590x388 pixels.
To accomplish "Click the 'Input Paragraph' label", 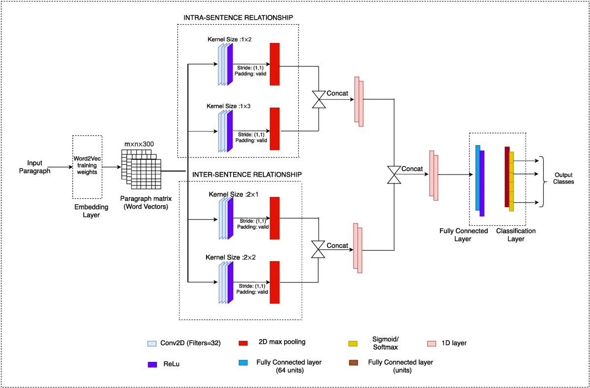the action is coord(34,167).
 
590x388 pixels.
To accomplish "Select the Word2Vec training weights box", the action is coord(87,167).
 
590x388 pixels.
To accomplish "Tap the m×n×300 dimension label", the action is coord(139,144).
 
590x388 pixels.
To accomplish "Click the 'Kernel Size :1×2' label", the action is coord(230,39).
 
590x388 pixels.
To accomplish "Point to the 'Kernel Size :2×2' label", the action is coord(231,257).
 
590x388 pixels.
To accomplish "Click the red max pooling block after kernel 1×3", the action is coord(274,129).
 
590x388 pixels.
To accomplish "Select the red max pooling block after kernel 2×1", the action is coord(274,218).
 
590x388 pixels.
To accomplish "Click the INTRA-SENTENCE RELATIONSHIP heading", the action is coord(238,18).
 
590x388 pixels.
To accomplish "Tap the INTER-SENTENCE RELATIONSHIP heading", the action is coord(247,175).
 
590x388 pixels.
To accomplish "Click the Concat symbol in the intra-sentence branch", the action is coord(319,99).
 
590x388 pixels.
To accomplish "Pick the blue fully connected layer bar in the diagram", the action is coord(478,178).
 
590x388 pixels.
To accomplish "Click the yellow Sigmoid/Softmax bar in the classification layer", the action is coord(511,181).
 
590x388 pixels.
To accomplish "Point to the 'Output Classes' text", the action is coord(563,179).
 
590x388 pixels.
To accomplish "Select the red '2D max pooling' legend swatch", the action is coord(243,343).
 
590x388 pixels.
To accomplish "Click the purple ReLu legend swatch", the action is coord(152,364).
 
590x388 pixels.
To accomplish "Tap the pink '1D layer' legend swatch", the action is coord(432,343).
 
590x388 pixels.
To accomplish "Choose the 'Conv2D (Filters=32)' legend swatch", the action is coord(152,343).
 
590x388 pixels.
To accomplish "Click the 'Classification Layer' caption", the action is coord(516,235).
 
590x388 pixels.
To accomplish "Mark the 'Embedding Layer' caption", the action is coord(91,211).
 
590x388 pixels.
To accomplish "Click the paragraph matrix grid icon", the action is coord(141,169).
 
